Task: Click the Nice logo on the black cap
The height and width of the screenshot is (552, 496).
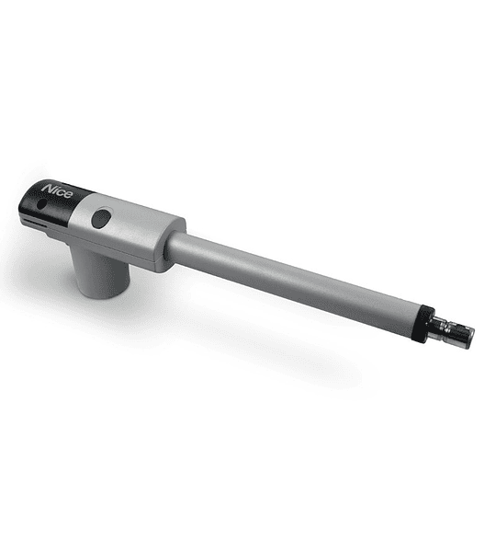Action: [57, 190]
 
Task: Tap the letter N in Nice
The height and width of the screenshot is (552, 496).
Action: [48, 188]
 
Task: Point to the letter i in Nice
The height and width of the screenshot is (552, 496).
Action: [55, 190]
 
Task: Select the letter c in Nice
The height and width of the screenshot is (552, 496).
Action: [61, 192]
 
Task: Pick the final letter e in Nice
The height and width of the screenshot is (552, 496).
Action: [69, 194]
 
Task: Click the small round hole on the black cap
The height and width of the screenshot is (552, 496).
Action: [41, 204]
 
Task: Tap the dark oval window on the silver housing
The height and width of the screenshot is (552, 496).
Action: [101, 218]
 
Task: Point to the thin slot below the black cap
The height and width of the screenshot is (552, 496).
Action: [35, 223]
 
